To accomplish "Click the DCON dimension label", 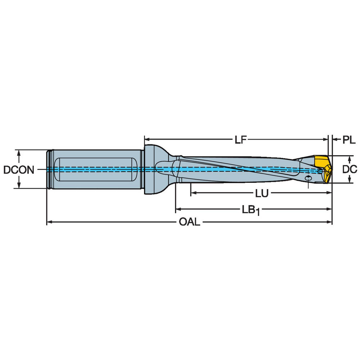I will point(19,169).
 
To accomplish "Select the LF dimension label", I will point(240,139).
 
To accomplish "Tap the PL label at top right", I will point(348,140).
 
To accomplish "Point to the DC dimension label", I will point(349,169).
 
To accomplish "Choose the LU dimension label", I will point(262,193).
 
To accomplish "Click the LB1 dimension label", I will point(251,209).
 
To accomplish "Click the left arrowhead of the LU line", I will point(193,193).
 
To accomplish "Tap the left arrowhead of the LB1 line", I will point(177,209).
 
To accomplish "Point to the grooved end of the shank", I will point(50,169).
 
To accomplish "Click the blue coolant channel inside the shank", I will point(108,169).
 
